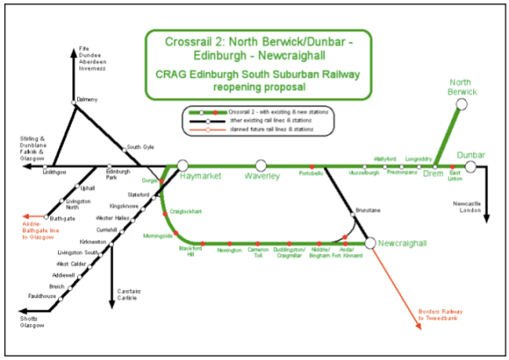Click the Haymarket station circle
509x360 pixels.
[x=183, y=165]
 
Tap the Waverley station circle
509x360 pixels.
[x=260, y=165]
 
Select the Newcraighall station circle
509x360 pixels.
[x=370, y=242]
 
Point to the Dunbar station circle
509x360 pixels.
[x=471, y=166]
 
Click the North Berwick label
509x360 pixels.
[x=463, y=87]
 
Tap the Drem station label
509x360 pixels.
[x=433, y=173]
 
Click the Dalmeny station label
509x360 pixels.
[x=87, y=100]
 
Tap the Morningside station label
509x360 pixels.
[x=158, y=236]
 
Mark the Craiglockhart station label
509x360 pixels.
[x=186, y=211]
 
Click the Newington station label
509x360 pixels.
[x=229, y=250]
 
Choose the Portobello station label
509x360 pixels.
[x=310, y=172]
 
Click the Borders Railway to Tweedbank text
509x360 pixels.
[x=440, y=315]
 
